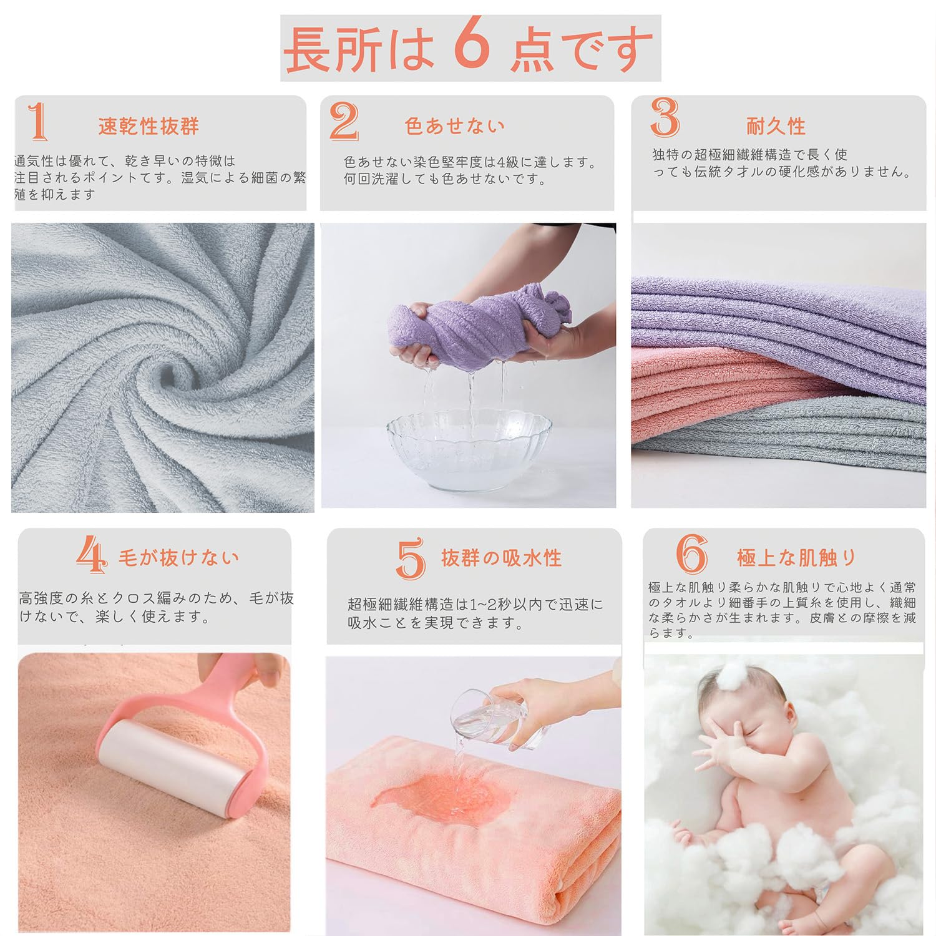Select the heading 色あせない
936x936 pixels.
(x=454, y=126)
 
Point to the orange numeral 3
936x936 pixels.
(x=665, y=117)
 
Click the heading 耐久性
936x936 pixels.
(x=776, y=126)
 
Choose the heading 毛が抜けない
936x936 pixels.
(x=178, y=557)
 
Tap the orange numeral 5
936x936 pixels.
(x=410, y=558)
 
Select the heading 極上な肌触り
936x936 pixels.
(x=796, y=557)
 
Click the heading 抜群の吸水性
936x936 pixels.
(x=501, y=557)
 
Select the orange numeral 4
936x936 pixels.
(x=91, y=555)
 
